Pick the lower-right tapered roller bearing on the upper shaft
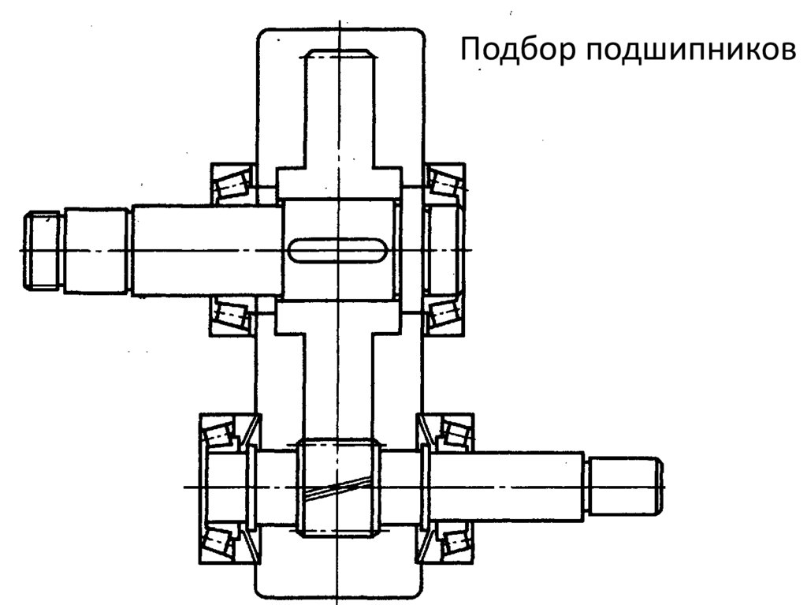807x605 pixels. [x=443, y=316]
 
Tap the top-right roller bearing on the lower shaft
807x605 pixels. [x=452, y=433]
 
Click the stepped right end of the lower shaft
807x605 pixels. [x=623, y=484]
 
